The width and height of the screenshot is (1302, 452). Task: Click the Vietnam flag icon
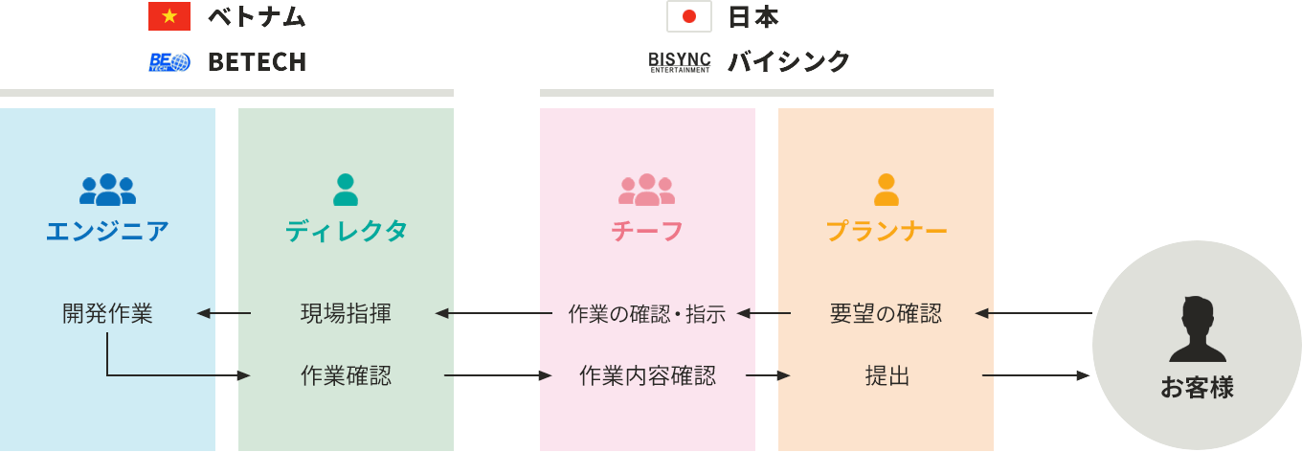pos(169,16)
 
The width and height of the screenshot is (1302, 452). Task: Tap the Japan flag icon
pos(688,16)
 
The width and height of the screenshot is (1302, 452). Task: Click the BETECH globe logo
pos(169,62)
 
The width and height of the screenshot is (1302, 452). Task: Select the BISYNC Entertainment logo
pos(680,62)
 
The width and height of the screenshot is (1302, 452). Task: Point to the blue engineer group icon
pos(107,190)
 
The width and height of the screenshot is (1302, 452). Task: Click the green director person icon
pos(346,190)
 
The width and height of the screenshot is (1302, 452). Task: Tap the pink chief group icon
pos(647,190)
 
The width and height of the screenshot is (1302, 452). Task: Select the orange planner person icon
pos(887,190)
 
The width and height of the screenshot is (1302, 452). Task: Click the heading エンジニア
pos(107,231)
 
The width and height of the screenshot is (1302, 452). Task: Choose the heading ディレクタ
pos(346,231)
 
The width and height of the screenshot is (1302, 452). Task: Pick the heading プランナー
pos(887,231)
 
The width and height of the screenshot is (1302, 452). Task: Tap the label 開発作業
pos(107,313)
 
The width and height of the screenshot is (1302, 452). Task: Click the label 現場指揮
pos(346,313)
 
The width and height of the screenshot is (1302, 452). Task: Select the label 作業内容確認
pos(647,376)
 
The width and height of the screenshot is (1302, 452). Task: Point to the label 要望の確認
pos(886,313)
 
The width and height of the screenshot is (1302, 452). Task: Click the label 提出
pos(887,376)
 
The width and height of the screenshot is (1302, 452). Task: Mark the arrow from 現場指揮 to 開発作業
pos(224,313)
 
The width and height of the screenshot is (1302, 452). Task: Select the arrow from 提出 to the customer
pos(1036,376)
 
